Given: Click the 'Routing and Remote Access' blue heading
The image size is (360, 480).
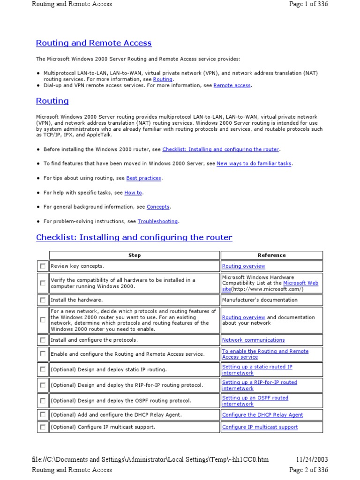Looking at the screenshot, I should tap(94, 43).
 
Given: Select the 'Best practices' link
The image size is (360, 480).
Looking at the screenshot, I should tap(143, 178).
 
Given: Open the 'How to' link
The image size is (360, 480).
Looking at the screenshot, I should tap(133, 193).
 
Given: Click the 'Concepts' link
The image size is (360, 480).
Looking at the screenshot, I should tap(158, 207).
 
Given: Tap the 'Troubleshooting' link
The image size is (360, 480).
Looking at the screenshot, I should tap(157, 221).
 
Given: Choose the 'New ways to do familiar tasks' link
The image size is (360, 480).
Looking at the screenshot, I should tap(254, 164).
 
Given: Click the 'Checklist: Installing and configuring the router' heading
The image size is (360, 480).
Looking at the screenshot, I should tap(134, 237).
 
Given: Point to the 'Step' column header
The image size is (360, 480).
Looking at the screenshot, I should tap(135, 255).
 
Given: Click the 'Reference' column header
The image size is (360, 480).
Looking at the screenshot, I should tap(271, 255).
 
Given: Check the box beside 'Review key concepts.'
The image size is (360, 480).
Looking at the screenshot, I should tap(43, 266).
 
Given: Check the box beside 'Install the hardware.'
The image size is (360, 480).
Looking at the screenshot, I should tap(43, 300).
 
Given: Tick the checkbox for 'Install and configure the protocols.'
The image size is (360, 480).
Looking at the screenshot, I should tap(43, 340).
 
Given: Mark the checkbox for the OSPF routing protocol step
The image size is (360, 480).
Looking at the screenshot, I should tap(43, 401).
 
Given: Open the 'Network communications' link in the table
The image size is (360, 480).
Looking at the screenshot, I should tap(253, 340).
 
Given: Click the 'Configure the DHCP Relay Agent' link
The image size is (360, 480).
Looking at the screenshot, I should tap(262, 415).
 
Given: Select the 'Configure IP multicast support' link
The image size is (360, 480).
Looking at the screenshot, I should tap(260, 427).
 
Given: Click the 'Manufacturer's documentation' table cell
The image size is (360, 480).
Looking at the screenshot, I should tap(260, 300).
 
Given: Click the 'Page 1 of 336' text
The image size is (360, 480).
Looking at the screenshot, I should tap(308, 4).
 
